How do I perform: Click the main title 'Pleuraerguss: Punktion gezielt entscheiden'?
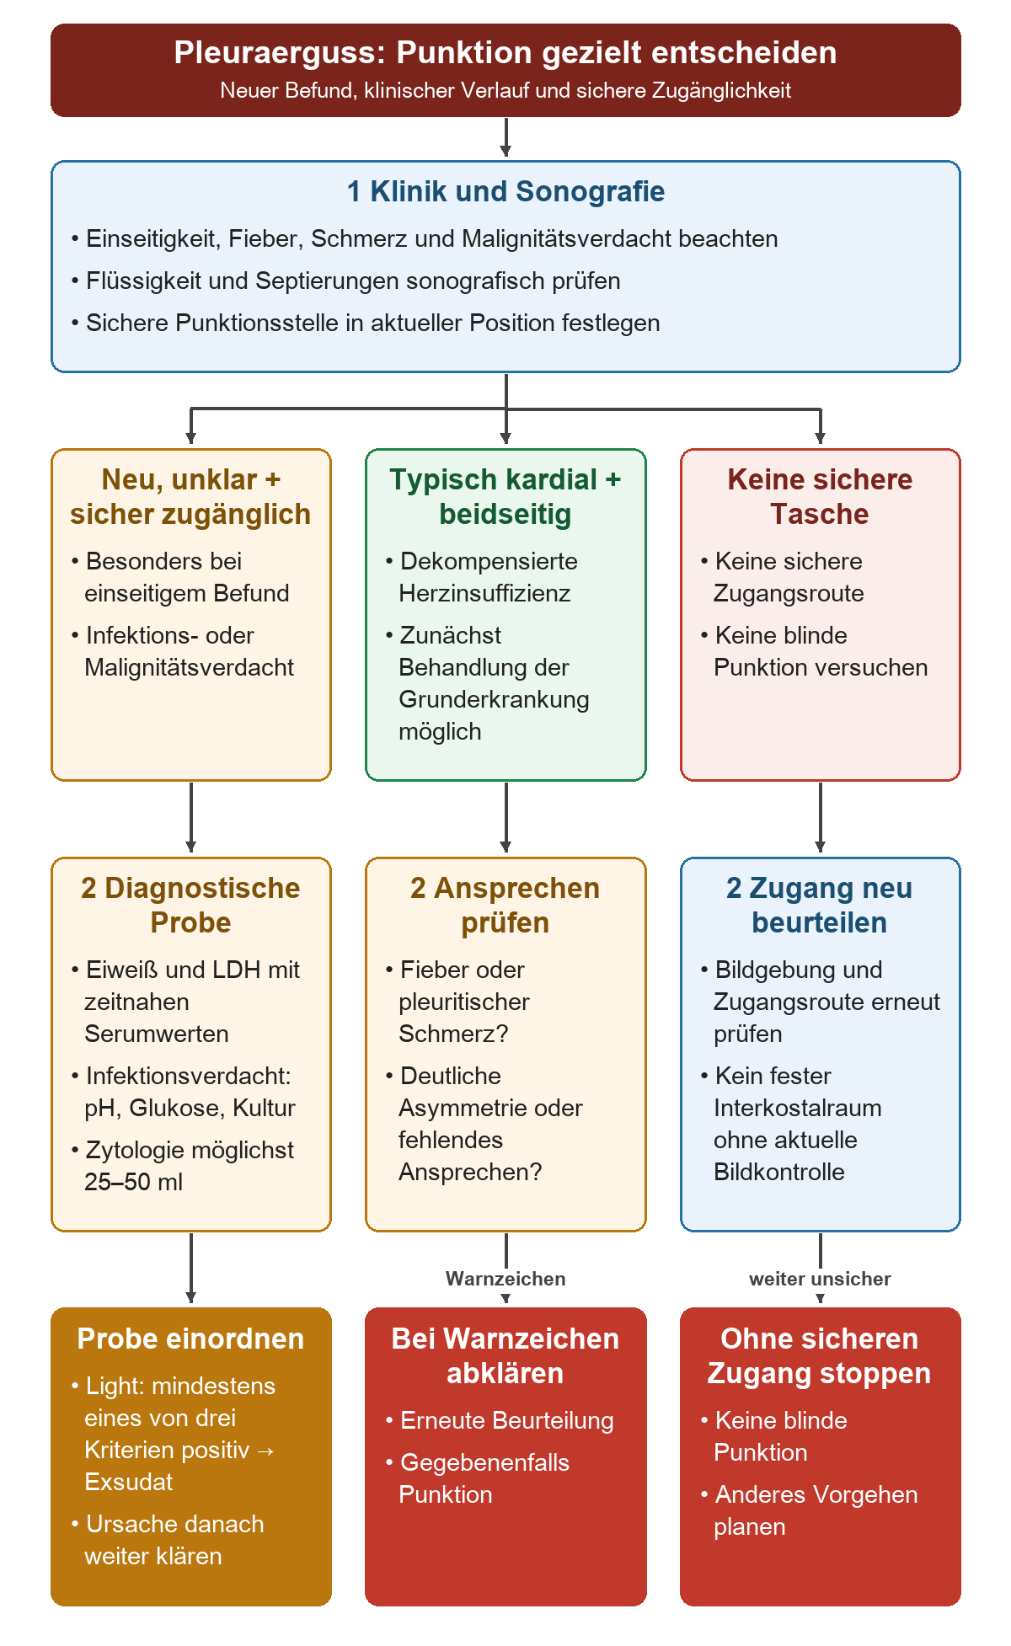505,52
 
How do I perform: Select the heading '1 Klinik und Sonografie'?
505,191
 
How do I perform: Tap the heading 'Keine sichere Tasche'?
820,496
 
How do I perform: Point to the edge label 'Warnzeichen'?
505,1279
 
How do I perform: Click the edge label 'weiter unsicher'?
820,1279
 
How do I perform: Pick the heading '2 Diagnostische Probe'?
190,905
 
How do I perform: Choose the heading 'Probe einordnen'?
190,1339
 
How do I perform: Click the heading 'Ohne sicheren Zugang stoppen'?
820,1355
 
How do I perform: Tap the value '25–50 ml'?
133,1182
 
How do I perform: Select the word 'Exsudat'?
128,1482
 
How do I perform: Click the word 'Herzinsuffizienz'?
484,593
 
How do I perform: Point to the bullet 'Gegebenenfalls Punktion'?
478,1478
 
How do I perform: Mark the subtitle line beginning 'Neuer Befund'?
505,90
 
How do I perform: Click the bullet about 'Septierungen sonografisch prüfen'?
345,281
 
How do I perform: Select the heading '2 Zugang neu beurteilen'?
820,905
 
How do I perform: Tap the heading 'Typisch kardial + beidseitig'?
505,496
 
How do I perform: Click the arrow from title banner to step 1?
505,137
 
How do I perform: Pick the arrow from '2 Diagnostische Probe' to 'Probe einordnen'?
191,1268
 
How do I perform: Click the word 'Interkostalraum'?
798,1108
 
